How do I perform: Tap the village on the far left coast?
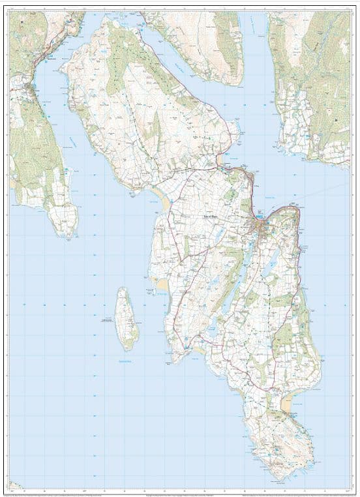tap(26, 85)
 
